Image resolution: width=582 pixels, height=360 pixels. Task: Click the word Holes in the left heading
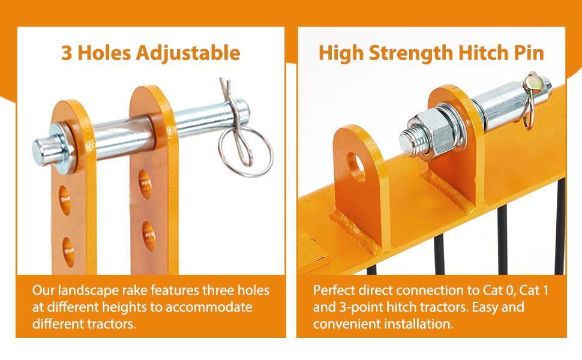104,53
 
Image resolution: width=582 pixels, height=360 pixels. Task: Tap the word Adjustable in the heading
188,53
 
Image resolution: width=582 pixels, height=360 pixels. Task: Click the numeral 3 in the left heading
67,53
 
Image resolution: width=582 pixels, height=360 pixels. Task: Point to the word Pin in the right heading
529,53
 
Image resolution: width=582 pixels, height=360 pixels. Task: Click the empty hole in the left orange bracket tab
356,167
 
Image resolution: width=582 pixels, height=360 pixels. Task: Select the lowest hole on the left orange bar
68,252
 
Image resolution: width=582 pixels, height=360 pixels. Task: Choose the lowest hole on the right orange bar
148,236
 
